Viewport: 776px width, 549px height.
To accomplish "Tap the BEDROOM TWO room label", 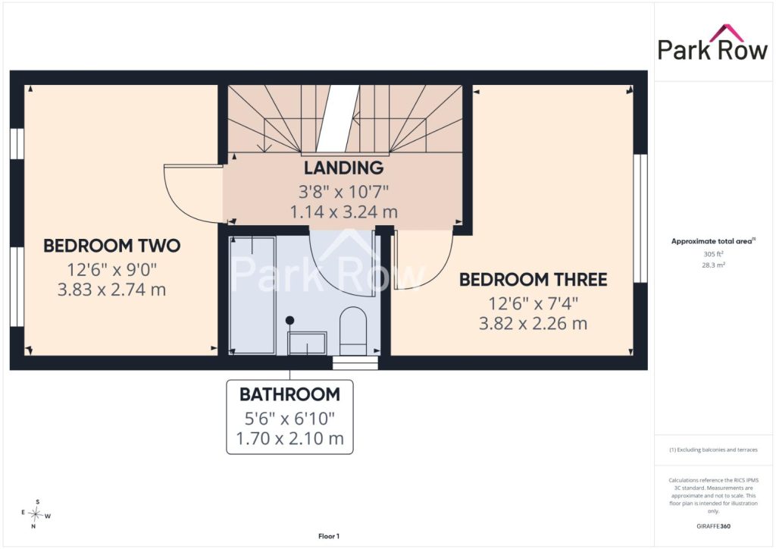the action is [112, 246].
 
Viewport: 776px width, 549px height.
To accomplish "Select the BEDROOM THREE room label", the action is [533, 280].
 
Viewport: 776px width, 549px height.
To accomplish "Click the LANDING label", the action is [343, 168].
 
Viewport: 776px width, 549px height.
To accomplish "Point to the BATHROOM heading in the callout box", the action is [289, 394].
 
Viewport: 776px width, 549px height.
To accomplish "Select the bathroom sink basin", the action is [307, 344].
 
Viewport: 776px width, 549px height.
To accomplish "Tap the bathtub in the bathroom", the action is [252, 295].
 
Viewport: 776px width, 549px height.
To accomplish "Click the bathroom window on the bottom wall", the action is [355, 363].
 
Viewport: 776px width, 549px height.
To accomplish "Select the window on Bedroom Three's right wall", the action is [640, 218].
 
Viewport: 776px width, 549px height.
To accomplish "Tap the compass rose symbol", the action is [36, 514].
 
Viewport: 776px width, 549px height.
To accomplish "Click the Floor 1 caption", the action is [329, 536].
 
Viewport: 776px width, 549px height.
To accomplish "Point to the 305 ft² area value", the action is [713, 254].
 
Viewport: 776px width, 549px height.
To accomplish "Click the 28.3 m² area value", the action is [713, 265].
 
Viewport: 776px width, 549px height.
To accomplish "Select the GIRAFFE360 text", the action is [713, 526].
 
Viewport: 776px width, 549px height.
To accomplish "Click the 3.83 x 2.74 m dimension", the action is [112, 290].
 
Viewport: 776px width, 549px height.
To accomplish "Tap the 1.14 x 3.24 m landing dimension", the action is [343, 212].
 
